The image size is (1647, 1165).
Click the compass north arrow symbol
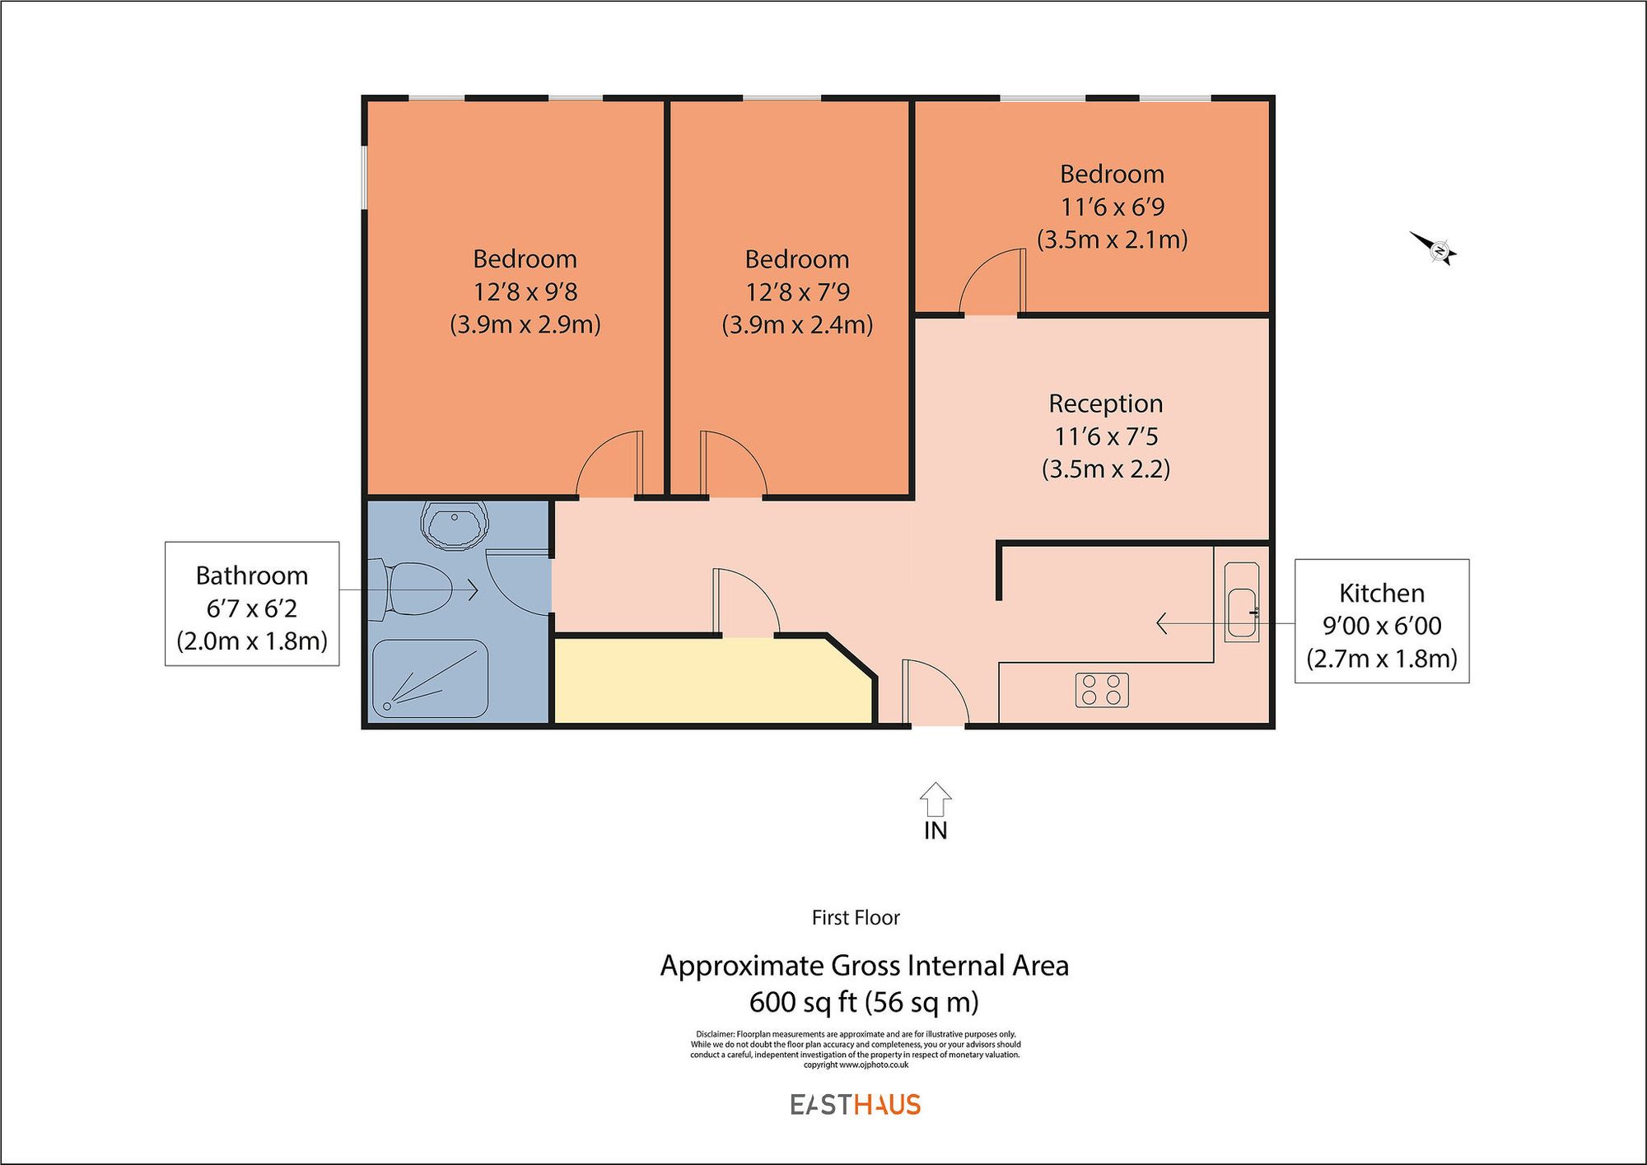(x=1435, y=248)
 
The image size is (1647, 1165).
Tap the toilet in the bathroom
(x=412, y=589)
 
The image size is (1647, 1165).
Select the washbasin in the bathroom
(x=454, y=524)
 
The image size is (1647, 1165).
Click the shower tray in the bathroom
(x=430, y=678)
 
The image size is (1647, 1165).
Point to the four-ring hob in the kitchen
(x=1101, y=690)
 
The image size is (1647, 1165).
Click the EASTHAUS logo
(x=856, y=1105)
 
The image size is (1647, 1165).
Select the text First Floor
(x=856, y=917)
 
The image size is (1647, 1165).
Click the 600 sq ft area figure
(x=864, y=1002)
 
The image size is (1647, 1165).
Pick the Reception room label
(x=1105, y=403)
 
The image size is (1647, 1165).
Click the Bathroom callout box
(x=252, y=604)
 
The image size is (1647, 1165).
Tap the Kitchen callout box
(x=1381, y=622)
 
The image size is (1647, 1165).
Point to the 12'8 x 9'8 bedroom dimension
(x=525, y=291)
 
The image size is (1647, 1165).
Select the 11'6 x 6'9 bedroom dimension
(x=1112, y=207)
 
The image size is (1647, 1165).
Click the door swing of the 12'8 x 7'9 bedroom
(x=732, y=466)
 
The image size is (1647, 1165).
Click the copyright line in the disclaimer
(x=856, y=1065)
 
